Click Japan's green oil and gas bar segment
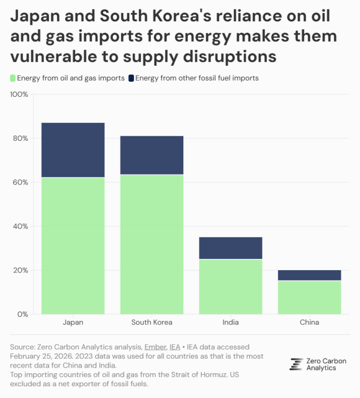pos(73,245)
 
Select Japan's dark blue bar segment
pos(73,150)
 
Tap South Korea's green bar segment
pos(152,244)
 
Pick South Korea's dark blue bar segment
pos(152,155)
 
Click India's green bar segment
pos(231,286)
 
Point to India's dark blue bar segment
pos(231,248)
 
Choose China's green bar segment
pos(309,297)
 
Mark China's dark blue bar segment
pos(309,275)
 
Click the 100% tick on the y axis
pos(19,94)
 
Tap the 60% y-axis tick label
pos(21,182)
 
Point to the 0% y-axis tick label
pos(23,314)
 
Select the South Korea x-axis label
pos(152,323)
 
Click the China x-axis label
pos(309,323)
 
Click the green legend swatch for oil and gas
pos(13,78)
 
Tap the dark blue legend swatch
pos(131,78)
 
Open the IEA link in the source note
pos(175,347)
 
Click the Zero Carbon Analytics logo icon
pos(296,364)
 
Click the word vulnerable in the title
pos(51,56)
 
